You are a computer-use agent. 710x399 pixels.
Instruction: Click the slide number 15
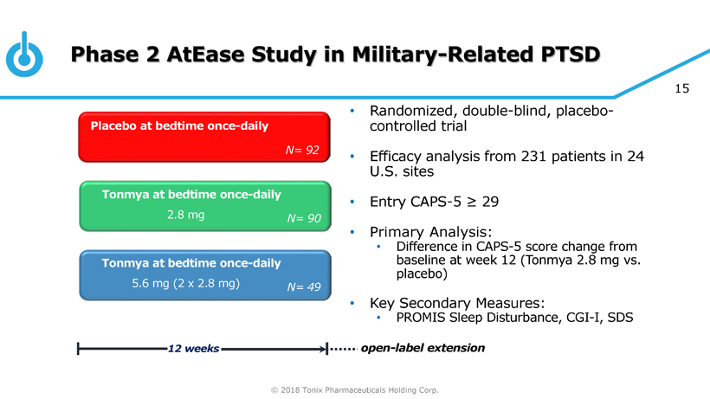coord(681,87)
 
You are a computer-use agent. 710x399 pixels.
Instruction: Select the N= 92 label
coord(302,151)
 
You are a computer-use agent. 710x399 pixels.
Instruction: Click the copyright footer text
coord(355,389)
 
